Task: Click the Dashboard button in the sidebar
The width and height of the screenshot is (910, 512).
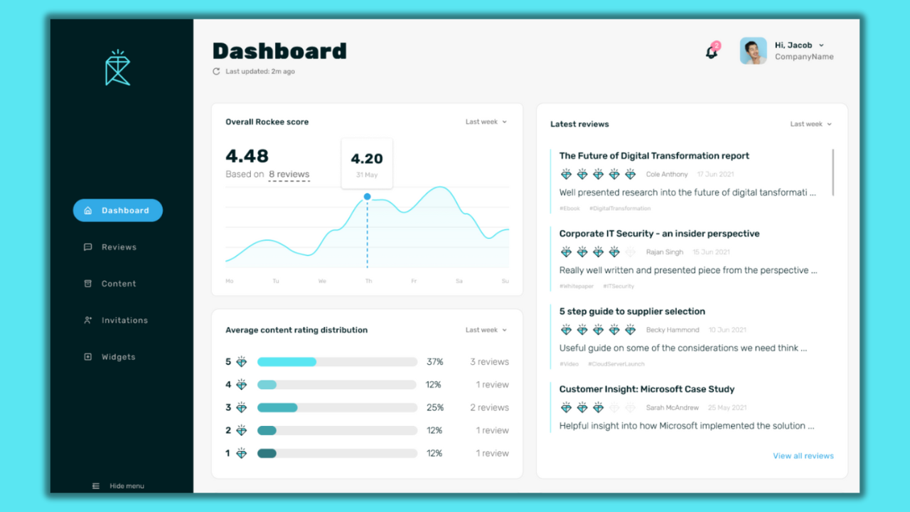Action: pos(118,210)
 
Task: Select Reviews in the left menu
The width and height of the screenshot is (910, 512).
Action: pos(118,247)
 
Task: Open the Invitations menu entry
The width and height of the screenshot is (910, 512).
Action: pos(124,321)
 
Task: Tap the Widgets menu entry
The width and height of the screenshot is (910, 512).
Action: pos(117,357)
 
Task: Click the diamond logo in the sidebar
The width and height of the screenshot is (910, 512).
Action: pos(117,68)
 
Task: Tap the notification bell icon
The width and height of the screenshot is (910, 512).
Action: pos(711,52)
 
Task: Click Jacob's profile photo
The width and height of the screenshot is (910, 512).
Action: pos(753,51)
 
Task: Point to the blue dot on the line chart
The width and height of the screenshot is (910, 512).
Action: pos(368,196)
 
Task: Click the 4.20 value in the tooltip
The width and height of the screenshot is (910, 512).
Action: pos(367,159)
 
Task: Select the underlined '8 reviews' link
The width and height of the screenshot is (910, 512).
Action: pos(289,174)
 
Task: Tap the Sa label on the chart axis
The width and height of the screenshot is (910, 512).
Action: pos(459,282)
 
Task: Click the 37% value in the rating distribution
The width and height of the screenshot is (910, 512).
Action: pos(434,362)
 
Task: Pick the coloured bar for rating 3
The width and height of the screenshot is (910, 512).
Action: pos(277,407)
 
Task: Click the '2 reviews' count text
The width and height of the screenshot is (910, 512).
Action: pos(489,407)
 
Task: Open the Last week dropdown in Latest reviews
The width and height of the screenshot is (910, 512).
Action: pos(810,124)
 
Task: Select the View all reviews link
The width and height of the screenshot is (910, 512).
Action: pos(803,456)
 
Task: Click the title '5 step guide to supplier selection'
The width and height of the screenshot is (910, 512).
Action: pos(632,311)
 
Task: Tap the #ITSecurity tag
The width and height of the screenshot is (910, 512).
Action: pos(619,287)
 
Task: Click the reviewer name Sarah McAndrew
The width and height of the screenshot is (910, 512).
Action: pos(672,408)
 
